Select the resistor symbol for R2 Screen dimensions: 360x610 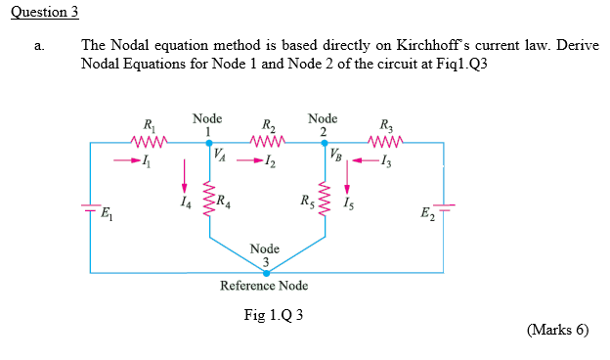coord(268,142)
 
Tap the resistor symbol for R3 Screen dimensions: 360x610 coord(382,142)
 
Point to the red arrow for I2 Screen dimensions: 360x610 coord(254,161)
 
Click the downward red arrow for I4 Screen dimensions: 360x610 coord(183,177)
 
